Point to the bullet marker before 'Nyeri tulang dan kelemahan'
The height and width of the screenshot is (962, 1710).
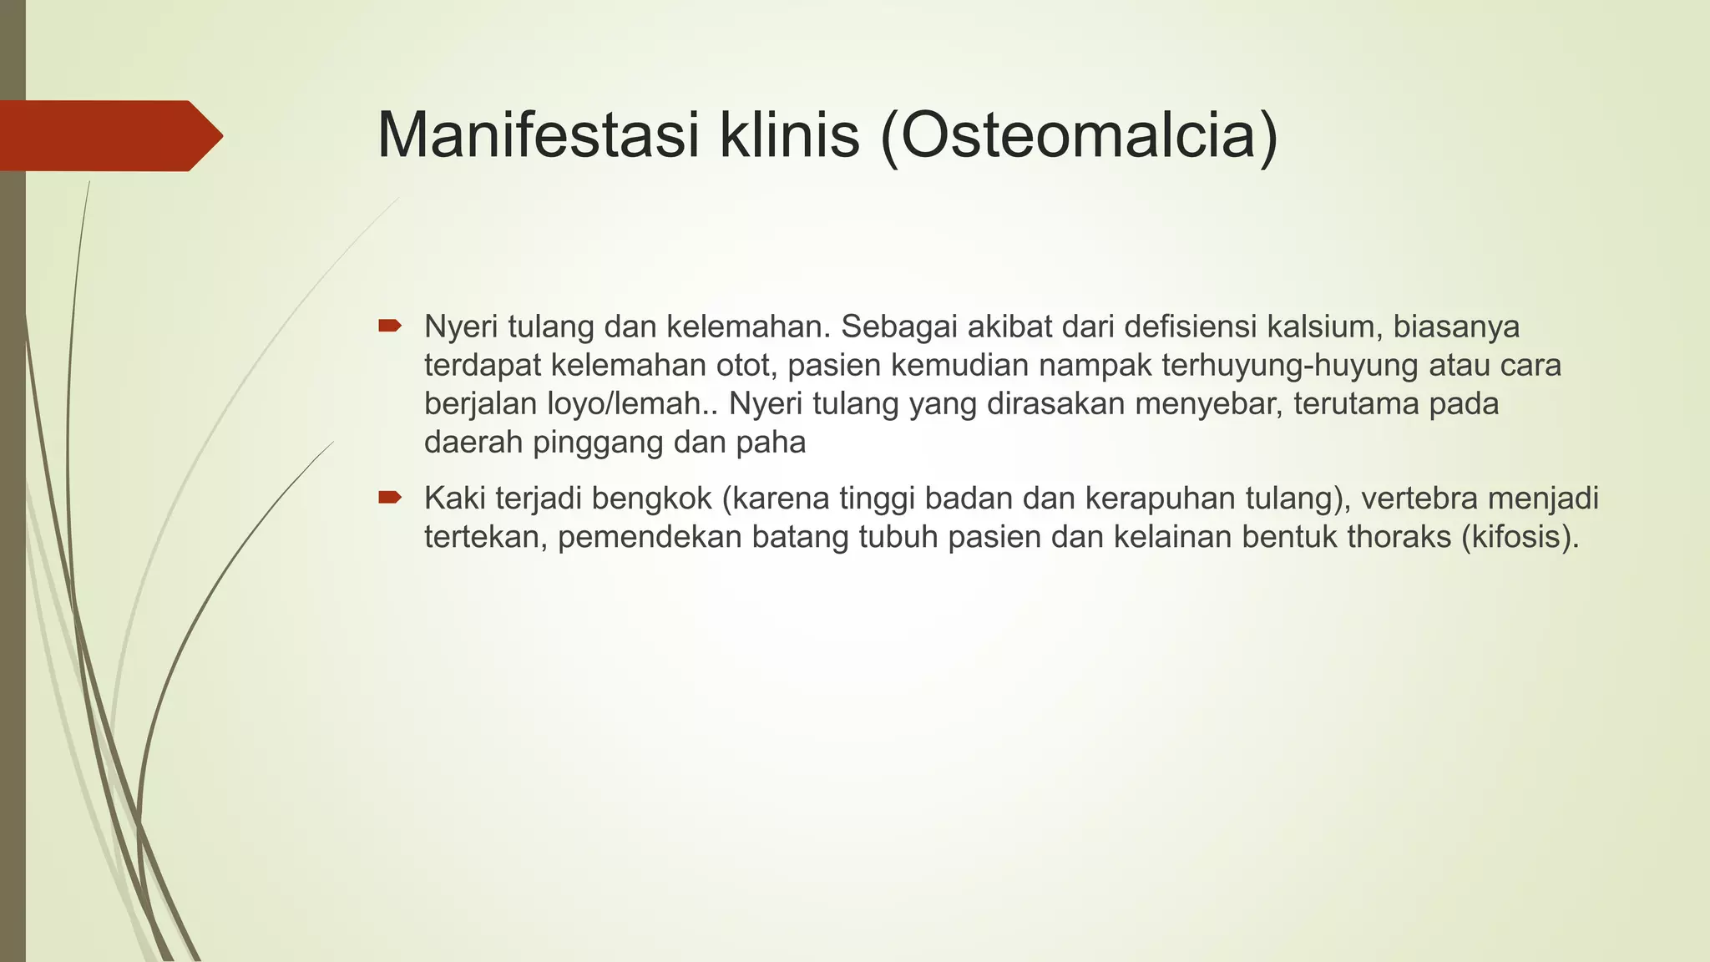(390, 326)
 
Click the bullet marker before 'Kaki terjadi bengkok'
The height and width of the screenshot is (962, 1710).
(390, 498)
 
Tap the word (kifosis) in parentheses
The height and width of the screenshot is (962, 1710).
(1520, 536)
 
